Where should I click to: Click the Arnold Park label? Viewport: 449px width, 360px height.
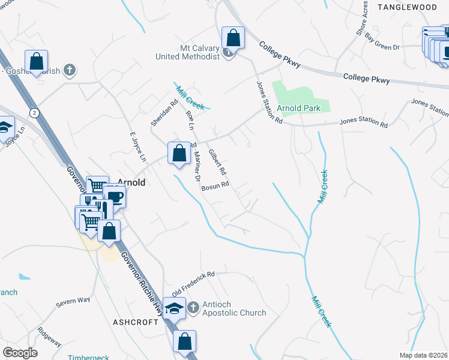pyautogui.click(x=303, y=108)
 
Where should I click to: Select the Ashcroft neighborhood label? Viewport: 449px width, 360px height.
pyautogui.click(x=136, y=322)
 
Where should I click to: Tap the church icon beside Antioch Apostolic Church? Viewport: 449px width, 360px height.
pyautogui.click(x=193, y=308)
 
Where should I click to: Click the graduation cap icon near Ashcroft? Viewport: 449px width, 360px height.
pyautogui.click(x=175, y=309)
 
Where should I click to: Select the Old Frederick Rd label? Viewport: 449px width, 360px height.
pyautogui.click(x=193, y=284)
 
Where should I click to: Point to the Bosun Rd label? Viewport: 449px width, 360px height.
pyautogui.click(x=215, y=187)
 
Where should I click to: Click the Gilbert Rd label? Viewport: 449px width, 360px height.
pyautogui.click(x=217, y=162)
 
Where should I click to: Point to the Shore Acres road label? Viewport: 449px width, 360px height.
pyautogui.click(x=363, y=17)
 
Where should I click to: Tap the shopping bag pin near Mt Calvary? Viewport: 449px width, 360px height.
pyautogui.click(x=233, y=38)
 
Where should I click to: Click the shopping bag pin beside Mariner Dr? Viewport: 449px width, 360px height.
pyautogui.click(x=178, y=153)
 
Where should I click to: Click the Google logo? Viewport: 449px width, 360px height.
pyautogui.click(x=20, y=352)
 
